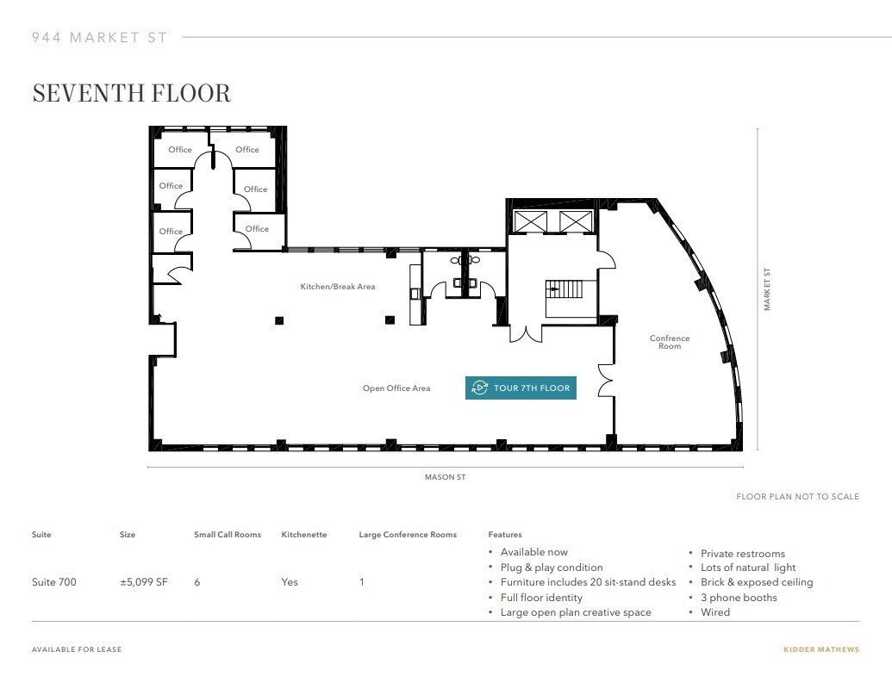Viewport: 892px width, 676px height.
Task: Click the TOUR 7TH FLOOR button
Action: pos(521,388)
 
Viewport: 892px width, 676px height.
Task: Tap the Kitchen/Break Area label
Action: pos(337,287)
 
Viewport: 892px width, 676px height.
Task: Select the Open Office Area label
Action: pos(396,388)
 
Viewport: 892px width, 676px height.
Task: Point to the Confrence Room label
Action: pos(670,342)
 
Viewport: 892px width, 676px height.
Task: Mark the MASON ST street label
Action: pos(445,477)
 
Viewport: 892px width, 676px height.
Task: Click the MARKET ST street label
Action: pos(767,289)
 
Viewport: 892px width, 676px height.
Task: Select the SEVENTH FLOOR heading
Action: pos(132,93)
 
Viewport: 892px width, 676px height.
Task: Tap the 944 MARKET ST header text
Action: pos(99,38)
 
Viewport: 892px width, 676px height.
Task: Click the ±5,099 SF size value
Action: pos(143,582)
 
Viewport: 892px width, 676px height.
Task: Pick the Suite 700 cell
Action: pos(53,582)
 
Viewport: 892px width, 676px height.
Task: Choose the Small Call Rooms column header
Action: pos(228,535)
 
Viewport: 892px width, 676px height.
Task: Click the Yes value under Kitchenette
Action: pos(290,582)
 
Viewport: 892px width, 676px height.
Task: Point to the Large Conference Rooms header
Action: pos(408,535)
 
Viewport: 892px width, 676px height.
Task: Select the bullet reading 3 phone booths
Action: pos(739,598)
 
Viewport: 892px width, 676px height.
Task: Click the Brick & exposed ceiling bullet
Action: pos(756,582)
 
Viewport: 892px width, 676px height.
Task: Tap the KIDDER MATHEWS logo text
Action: pos(820,649)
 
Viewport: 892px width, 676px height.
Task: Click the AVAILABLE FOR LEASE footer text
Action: pos(77,649)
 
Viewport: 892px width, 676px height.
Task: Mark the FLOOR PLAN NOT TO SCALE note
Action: pos(797,497)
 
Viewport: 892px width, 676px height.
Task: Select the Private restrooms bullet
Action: pos(742,554)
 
